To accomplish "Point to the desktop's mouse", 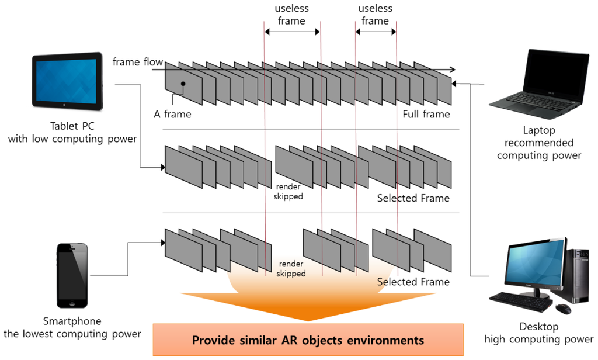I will (564, 308).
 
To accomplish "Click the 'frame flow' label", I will (137, 62).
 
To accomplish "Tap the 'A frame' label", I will (172, 114).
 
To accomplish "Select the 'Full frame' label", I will (426, 114).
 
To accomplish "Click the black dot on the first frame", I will (183, 84).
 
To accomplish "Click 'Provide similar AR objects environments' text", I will (308, 340).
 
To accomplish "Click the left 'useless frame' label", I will (291, 15).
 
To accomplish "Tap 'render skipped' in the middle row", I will (288, 192).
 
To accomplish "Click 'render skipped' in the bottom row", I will (291, 268).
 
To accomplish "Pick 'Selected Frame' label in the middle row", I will (413, 198).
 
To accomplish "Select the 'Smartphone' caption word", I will (72, 321).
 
